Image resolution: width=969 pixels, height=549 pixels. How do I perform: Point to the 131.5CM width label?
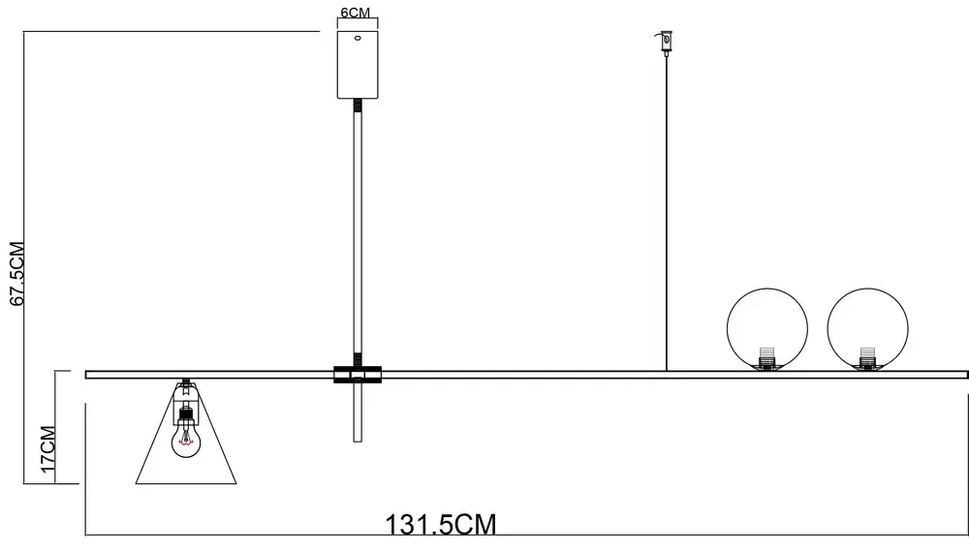click(x=442, y=525)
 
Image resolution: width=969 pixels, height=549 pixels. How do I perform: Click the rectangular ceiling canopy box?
click(x=358, y=64)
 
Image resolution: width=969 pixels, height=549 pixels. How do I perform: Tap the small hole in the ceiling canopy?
click(x=358, y=40)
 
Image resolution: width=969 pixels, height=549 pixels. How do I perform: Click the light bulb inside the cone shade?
click(x=185, y=442)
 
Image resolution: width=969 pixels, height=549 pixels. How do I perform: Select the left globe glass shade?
click(x=766, y=328)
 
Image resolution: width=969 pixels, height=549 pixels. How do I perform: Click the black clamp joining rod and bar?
click(x=358, y=375)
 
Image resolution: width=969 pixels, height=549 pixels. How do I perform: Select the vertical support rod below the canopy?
click(x=358, y=232)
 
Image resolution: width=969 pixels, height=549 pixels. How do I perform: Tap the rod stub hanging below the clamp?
click(x=358, y=412)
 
